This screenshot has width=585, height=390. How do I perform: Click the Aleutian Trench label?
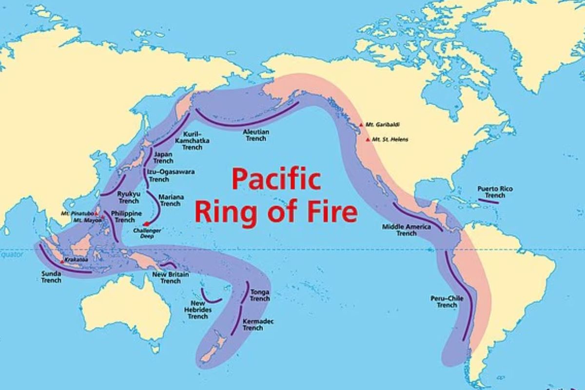256,135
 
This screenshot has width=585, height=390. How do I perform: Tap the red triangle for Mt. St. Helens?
368,139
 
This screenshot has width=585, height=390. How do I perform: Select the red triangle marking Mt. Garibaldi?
361,125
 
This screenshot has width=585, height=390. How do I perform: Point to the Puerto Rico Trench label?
495,192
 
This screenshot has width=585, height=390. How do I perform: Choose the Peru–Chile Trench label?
447,301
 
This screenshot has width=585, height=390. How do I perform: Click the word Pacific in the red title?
275,180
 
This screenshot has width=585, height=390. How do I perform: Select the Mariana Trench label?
170,200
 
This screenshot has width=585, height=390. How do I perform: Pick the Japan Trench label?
163,157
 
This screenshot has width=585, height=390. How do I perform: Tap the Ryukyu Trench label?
129,197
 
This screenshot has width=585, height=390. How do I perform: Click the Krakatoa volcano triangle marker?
62,261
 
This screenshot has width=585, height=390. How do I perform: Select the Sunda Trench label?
51,277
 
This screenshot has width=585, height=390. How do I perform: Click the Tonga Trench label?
259,295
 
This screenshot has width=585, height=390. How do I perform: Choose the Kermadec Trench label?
253,325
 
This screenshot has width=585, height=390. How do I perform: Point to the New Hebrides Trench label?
197,310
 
